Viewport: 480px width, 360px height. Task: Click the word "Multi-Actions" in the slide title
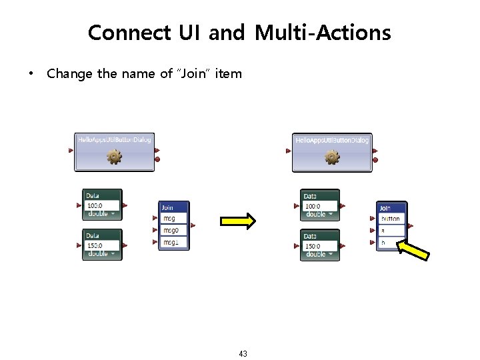click(x=324, y=32)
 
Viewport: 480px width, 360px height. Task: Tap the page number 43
click(x=243, y=353)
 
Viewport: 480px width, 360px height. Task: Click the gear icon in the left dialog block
click(x=115, y=157)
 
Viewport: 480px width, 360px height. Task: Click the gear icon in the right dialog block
click(x=331, y=157)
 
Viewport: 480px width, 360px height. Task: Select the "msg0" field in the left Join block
click(x=171, y=231)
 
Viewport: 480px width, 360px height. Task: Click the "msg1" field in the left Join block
click(x=171, y=243)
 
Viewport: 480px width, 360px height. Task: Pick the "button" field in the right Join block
click(x=391, y=219)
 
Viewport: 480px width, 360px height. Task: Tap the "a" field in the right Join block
click(x=391, y=231)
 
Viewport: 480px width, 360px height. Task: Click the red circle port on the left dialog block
click(x=157, y=160)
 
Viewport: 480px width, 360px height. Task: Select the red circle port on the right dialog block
click(x=375, y=160)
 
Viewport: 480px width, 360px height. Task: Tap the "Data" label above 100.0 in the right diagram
click(x=311, y=197)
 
